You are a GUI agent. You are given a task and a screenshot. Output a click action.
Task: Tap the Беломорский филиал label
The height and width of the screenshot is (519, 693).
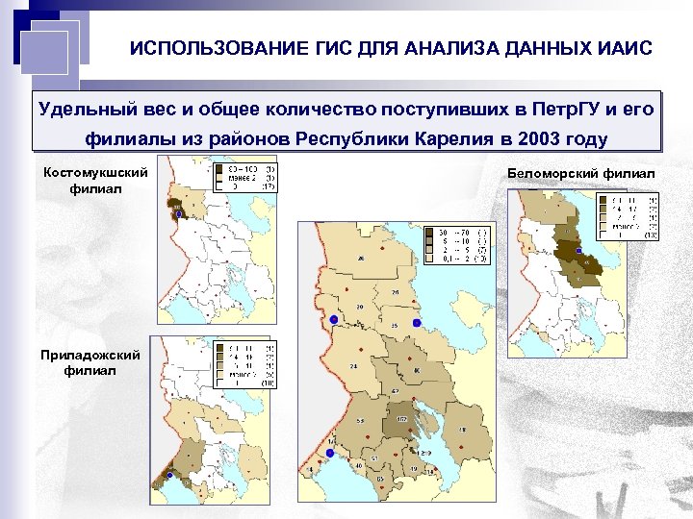tap(580, 172)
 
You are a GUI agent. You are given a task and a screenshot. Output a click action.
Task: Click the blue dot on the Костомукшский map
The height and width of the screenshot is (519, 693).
tap(178, 215)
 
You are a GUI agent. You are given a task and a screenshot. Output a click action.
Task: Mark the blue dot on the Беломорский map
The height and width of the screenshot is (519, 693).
tap(578, 251)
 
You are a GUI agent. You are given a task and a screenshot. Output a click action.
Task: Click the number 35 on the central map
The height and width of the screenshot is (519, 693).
tap(395, 326)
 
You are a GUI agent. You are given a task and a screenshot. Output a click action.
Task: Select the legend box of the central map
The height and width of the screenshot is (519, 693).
tap(460, 244)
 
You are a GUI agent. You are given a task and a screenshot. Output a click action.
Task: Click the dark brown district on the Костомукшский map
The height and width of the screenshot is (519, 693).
tap(177, 205)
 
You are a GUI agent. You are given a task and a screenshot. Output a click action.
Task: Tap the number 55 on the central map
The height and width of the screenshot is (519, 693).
tap(361, 421)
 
